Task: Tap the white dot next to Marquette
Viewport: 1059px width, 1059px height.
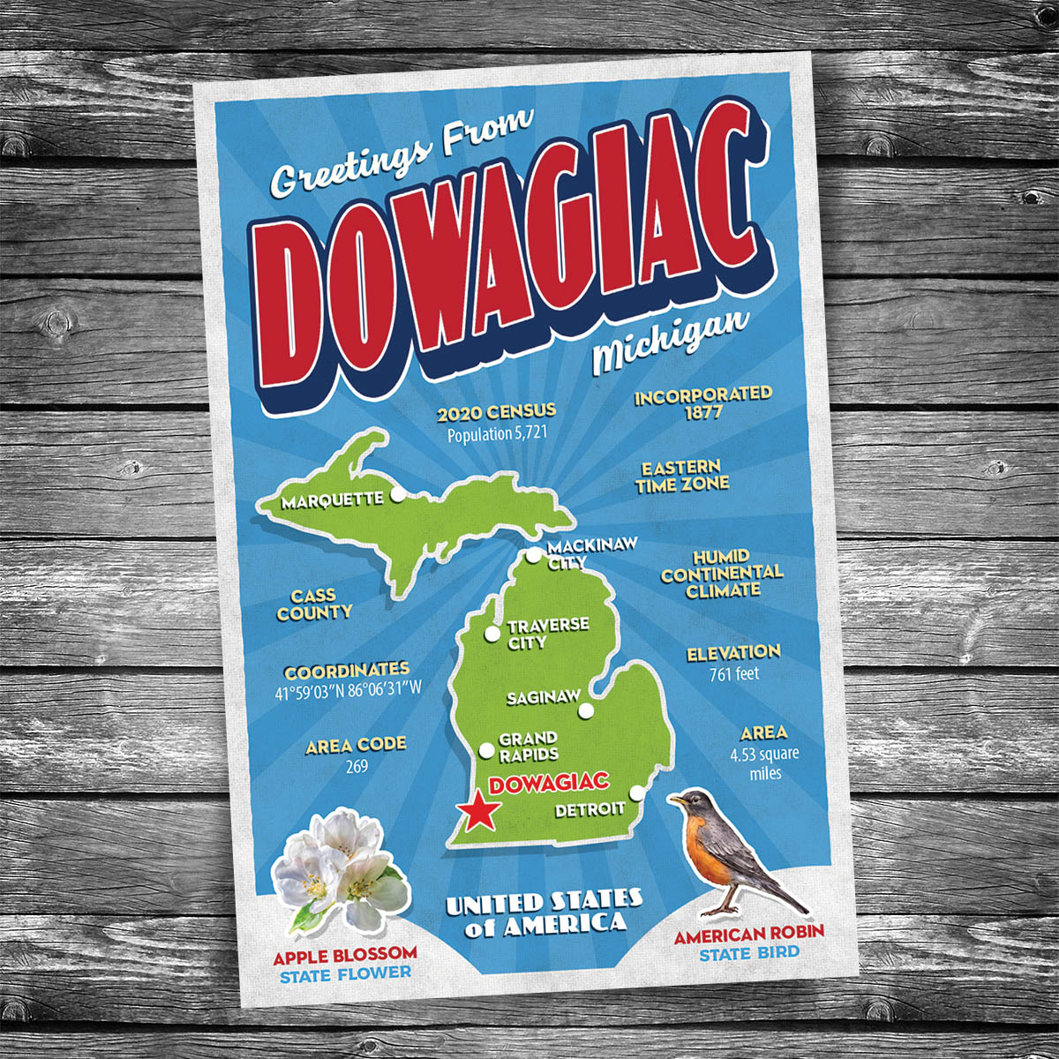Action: [x=397, y=496]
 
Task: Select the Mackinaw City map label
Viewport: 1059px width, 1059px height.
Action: [x=580, y=554]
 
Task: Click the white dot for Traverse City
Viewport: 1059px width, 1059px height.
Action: [x=492, y=634]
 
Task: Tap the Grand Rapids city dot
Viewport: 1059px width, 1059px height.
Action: [x=485, y=751]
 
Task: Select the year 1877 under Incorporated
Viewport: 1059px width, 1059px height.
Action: [x=702, y=412]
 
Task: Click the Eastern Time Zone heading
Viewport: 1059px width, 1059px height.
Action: [x=682, y=476]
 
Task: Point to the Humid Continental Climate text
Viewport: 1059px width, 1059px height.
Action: [x=722, y=574]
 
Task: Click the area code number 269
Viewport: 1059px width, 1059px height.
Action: [x=357, y=766]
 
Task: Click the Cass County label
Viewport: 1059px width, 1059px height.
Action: [x=315, y=605]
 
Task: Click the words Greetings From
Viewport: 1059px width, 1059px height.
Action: [x=402, y=154]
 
